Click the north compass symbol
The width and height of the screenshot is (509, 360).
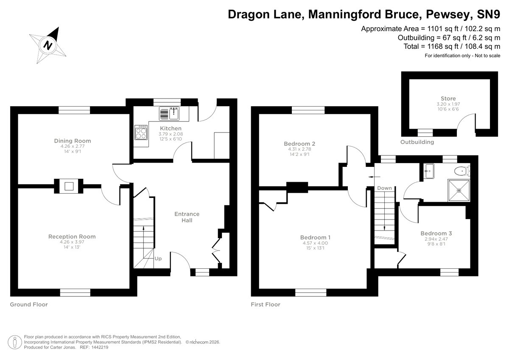click(x=48, y=44)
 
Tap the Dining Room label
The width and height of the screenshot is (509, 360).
click(x=72, y=141)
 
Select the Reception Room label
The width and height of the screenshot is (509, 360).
click(x=72, y=236)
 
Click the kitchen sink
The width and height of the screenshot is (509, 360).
click(x=170, y=113)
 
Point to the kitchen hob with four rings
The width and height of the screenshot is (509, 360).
click(x=141, y=133)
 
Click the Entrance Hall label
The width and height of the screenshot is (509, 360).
click(x=187, y=217)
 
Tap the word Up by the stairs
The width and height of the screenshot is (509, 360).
click(x=158, y=258)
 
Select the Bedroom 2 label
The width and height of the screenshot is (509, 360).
click(x=299, y=144)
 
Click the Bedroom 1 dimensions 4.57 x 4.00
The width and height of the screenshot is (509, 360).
click(x=315, y=243)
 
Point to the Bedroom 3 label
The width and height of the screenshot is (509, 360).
click(x=436, y=233)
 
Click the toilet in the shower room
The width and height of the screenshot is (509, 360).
click(x=460, y=171)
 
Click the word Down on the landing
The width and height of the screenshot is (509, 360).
click(x=384, y=188)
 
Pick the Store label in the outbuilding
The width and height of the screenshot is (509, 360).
click(x=448, y=98)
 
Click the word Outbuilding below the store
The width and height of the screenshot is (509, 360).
click(x=417, y=142)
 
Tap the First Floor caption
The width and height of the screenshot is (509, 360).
click(x=266, y=304)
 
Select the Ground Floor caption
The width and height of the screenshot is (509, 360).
click(x=29, y=304)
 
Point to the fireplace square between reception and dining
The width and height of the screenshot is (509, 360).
click(x=69, y=186)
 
